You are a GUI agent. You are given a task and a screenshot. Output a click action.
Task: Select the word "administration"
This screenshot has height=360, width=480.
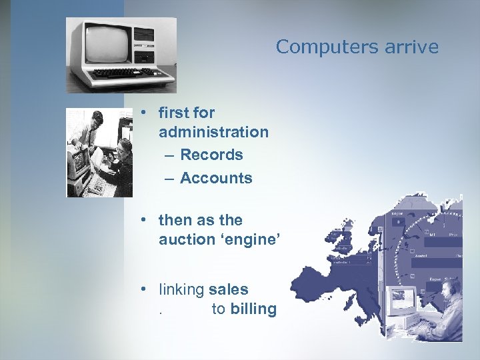click(x=213, y=132)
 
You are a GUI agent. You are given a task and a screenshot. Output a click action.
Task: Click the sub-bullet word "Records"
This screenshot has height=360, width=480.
click(x=211, y=155)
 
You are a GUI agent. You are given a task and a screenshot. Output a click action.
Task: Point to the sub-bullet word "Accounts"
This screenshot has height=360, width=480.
click(x=216, y=178)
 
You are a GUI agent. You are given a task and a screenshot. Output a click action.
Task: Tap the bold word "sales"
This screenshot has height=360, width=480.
click(x=228, y=289)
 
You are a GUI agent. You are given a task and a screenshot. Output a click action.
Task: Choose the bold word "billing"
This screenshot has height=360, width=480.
click(x=253, y=309)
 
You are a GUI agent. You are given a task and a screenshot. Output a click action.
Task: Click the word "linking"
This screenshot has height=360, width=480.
click(x=181, y=289)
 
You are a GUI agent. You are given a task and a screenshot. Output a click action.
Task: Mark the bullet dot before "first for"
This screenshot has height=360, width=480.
click(x=143, y=113)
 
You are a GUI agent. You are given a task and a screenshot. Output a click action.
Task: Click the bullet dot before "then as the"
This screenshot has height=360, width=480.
click(x=143, y=220)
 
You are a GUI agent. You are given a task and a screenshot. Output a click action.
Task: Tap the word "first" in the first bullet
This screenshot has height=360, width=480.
click(x=173, y=113)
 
